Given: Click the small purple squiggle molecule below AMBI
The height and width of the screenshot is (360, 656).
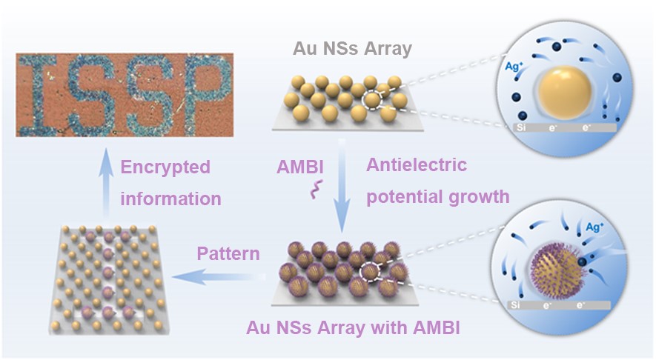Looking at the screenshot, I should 311,193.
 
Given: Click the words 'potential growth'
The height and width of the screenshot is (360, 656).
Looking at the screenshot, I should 438,196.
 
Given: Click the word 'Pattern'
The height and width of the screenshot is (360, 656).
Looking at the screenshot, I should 228,254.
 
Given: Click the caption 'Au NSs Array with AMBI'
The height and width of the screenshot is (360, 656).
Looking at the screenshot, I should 353,327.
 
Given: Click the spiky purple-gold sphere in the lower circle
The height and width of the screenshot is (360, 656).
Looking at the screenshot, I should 557,266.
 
